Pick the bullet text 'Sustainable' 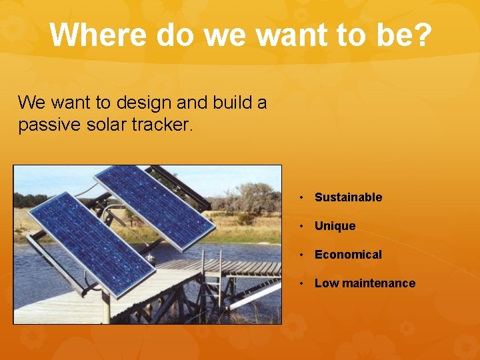348,197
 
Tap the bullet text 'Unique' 335,226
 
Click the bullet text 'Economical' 348,255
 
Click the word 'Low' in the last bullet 326,283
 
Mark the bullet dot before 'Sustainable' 302,197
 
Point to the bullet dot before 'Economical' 302,255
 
